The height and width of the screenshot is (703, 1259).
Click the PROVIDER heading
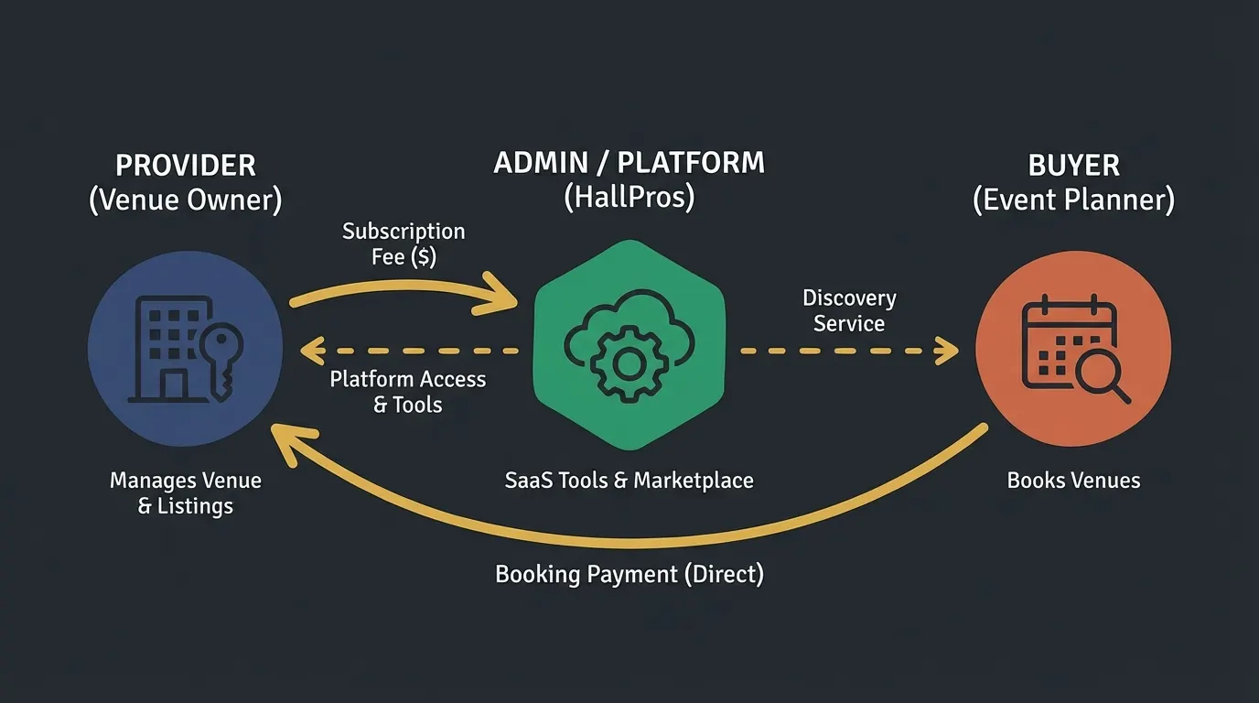click(186, 166)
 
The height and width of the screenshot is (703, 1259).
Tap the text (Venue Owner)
click(186, 200)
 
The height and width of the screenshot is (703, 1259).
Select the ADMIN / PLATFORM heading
click(629, 163)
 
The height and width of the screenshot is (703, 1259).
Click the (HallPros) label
click(629, 197)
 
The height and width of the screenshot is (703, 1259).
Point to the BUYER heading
click(1073, 166)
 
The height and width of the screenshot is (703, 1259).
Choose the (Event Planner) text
click(1073, 200)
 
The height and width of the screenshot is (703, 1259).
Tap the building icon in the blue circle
click(168, 349)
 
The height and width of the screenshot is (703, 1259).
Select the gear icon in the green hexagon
click(629, 364)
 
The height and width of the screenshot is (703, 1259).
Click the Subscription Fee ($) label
click(404, 244)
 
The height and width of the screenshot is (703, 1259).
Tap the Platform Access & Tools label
click(407, 392)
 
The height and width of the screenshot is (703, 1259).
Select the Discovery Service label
click(849, 310)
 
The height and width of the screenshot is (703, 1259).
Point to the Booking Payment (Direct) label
click(629, 574)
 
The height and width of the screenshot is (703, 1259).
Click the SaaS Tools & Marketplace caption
click(629, 481)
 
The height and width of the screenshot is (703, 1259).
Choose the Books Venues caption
click(1073, 481)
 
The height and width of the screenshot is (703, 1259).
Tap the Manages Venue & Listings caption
click(186, 493)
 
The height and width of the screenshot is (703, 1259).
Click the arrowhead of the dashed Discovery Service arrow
click(949, 351)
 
